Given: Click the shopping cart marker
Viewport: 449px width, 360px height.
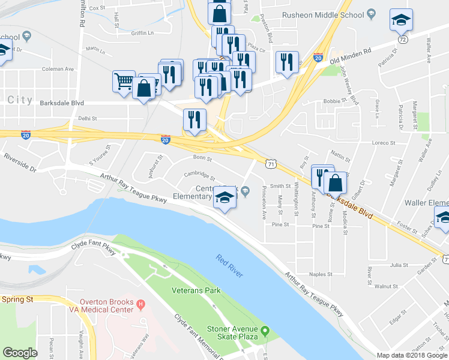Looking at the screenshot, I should point(124,81).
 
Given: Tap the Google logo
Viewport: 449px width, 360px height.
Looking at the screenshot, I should point(20,352).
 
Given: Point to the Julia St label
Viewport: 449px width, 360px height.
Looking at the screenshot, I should point(399,265).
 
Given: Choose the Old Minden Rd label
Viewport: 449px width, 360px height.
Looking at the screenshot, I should point(351,56).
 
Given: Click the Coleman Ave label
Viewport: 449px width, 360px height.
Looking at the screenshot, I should point(58,69).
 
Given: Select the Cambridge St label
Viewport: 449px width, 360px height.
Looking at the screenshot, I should point(200,175).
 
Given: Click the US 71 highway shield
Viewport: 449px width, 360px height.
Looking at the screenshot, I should point(272,163).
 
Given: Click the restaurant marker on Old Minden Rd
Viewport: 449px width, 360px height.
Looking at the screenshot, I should point(286,62).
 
